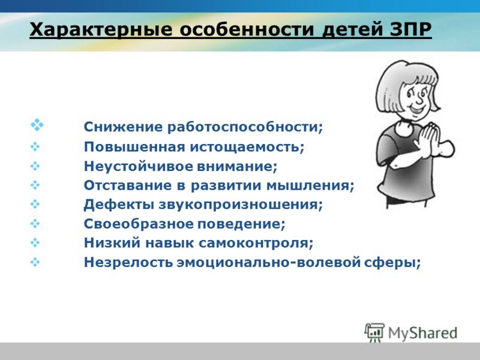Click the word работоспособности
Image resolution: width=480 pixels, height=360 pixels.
(x=245, y=127)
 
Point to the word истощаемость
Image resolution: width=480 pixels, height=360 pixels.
(x=247, y=147)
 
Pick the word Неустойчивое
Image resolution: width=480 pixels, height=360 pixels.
(x=139, y=166)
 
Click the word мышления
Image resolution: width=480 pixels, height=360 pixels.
(x=310, y=185)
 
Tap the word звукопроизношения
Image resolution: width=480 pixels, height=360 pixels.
(x=241, y=205)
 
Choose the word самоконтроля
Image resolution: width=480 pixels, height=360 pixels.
(x=256, y=243)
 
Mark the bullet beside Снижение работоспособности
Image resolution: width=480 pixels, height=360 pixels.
(x=37, y=125)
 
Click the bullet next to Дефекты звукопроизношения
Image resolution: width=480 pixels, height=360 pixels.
(x=35, y=204)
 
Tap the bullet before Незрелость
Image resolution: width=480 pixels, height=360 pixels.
(x=35, y=262)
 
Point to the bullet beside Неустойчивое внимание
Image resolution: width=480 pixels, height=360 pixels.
(x=35, y=166)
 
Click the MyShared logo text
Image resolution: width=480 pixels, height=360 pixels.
(x=422, y=333)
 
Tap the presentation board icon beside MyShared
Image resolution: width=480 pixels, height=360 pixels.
(x=374, y=332)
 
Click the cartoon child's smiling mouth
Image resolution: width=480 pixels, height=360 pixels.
(x=418, y=109)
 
